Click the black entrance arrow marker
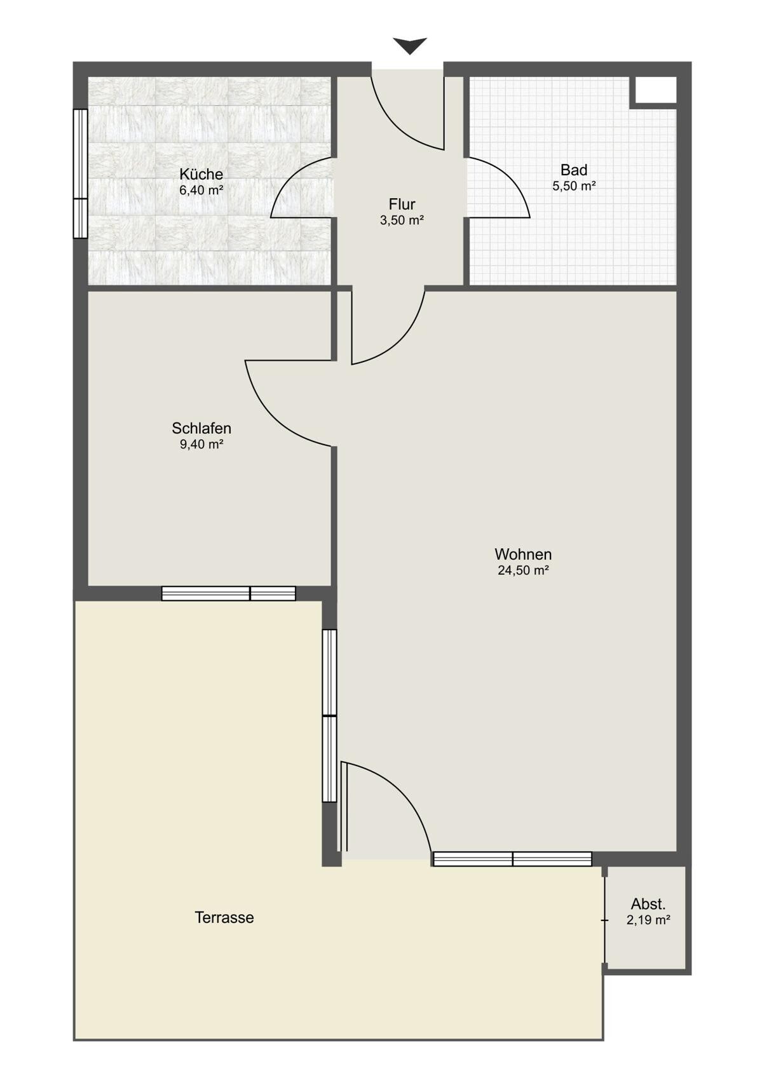pos(410,45)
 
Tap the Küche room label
pos(201,173)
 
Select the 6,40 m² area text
pos(201,190)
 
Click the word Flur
pos(402,204)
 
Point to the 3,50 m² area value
pos(402,220)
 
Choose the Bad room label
pos(574,170)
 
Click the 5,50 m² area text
pos(574,185)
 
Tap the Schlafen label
pos(201,428)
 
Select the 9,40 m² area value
pos(201,444)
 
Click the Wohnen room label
pos(523,554)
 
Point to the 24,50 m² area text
pos(523,570)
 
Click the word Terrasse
pos(224,917)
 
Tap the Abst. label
pos(648,903)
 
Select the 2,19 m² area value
pos(648,920)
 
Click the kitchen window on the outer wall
pos(80,173)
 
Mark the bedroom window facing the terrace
pos(229,593)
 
